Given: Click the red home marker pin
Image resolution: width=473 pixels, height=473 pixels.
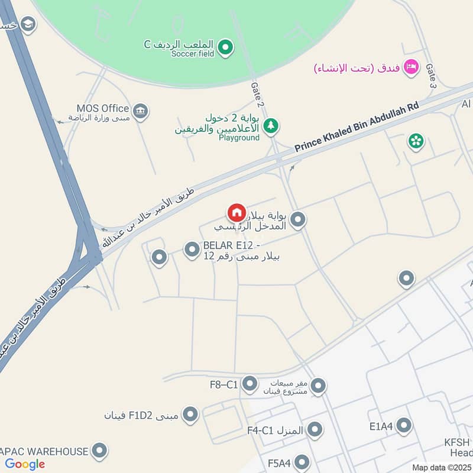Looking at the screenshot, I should coord(236,212).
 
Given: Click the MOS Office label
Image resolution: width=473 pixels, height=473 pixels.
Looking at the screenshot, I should coord(103,108).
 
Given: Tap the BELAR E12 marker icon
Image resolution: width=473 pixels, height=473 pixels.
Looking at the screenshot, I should coord(192,250).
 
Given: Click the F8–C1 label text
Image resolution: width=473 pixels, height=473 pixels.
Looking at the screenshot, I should coord(223,385).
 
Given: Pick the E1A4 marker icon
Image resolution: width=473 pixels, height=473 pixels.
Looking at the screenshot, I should coord(404,425).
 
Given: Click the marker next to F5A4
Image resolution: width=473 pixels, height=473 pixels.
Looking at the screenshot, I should coord(302,462).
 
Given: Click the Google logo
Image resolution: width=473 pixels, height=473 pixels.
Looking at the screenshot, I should coord(25,464).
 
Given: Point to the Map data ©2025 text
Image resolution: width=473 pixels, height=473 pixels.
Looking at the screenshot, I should coord(442,467).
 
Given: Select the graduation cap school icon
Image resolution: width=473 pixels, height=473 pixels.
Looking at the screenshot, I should coord(28,24).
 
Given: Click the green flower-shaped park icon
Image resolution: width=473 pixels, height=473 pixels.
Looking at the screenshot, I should coord(416,141).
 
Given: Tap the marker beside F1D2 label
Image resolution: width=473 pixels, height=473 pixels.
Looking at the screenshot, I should coord(190,415).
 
